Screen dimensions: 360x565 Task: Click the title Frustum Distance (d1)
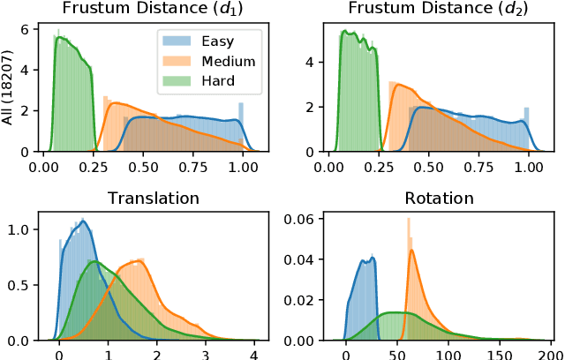pos(145,10)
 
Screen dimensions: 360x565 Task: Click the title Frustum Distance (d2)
pos(433,10)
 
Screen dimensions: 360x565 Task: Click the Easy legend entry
pos(218,40)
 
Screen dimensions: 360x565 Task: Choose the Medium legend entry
pos(227,61)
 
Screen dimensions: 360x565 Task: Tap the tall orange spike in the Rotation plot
pos(409,229)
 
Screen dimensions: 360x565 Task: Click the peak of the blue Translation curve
pos(83,221)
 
